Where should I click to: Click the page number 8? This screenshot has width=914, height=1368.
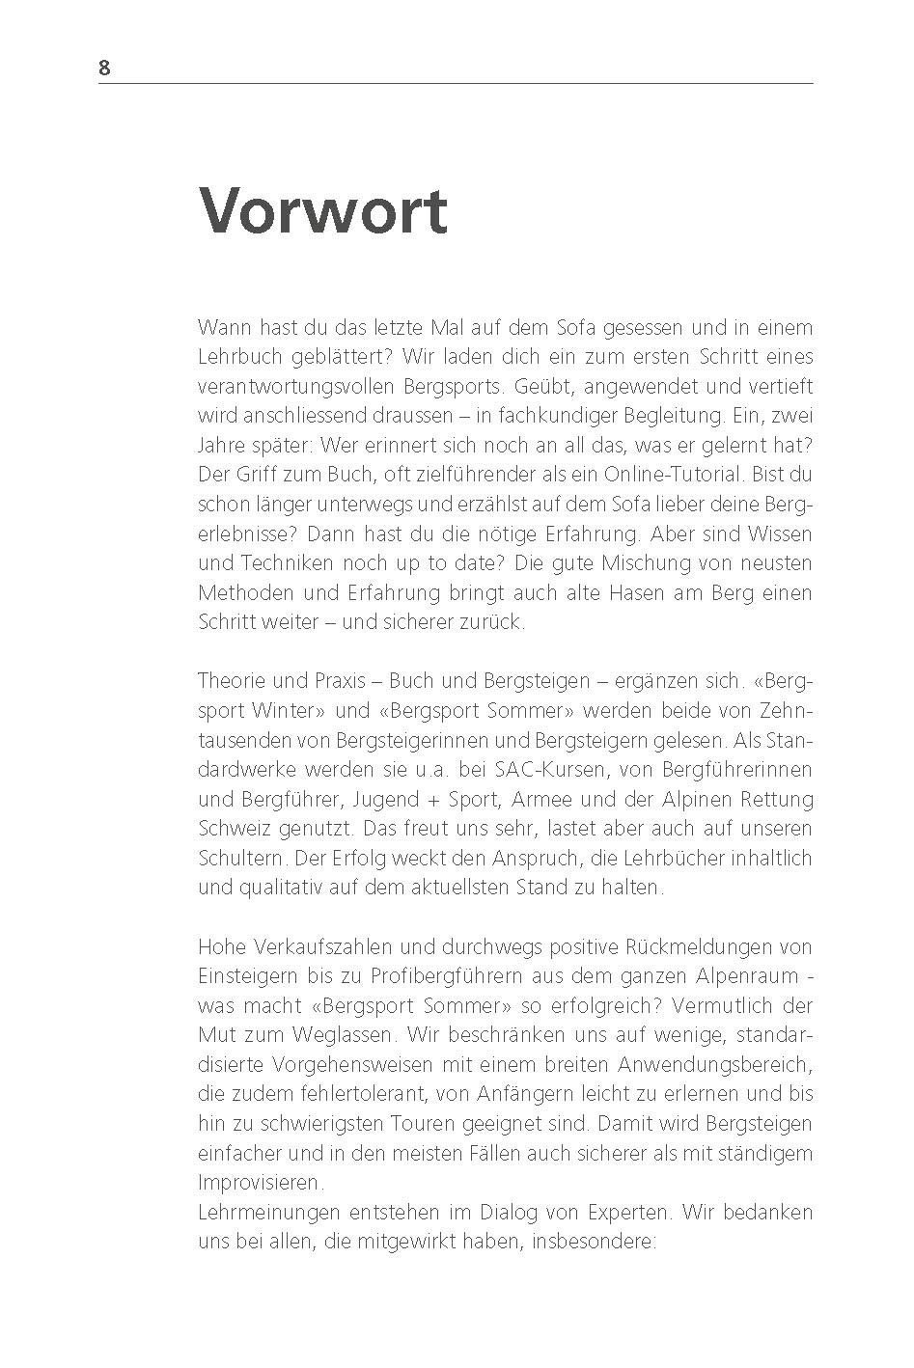pyautogui.click(x=104, y=68)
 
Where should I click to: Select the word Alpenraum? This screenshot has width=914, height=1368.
pyautogui.click(x=748, y=976)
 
